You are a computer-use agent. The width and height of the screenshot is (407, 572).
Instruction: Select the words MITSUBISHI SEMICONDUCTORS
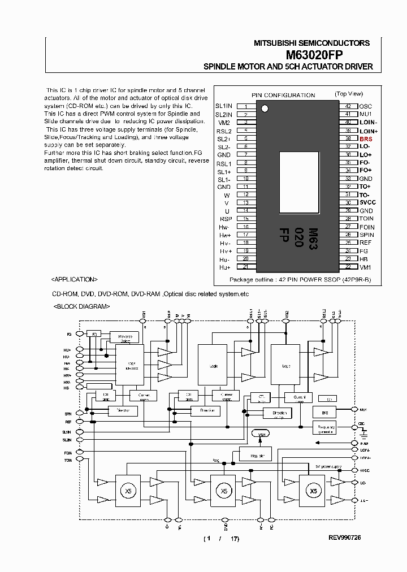(311, 43)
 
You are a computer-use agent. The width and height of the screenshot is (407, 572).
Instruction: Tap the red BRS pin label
(366, 138)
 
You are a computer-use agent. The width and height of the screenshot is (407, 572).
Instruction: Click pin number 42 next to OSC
(348, 106)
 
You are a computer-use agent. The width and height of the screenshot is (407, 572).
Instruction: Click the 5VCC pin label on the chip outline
(367, 202)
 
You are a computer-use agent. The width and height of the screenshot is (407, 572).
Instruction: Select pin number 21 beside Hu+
(245, 267)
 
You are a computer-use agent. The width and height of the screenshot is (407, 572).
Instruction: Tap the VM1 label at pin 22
(365, 267)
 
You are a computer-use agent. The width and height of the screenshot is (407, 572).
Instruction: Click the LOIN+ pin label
(369, 131)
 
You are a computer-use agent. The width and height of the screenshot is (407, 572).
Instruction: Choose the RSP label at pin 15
(226, 219)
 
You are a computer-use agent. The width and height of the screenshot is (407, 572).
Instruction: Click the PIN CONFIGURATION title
(283, 95)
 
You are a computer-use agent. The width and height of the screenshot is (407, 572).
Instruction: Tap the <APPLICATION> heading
(74, 279)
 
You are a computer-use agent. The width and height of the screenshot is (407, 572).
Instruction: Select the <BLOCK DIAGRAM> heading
(81, 306)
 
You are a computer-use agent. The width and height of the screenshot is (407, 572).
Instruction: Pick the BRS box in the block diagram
(324, 413)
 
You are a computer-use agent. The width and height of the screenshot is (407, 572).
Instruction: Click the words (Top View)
(349, 94)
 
